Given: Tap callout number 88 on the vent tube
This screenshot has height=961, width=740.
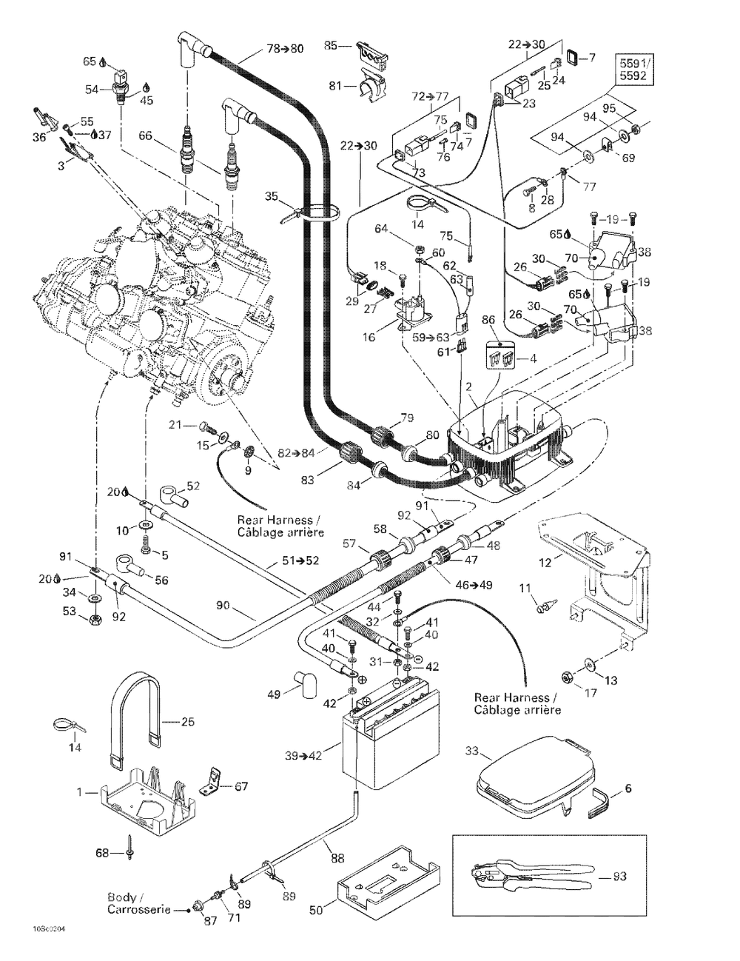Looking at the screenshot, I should click(x=337, y=859).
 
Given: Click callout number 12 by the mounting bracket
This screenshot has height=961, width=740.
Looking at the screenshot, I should click(x=545, y=563).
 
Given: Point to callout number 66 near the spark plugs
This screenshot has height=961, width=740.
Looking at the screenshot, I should click(x=145, y=135).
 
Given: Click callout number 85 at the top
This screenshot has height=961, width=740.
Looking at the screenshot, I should click(x=330, y=45).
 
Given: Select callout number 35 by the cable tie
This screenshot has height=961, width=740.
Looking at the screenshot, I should click(x=271, y=196).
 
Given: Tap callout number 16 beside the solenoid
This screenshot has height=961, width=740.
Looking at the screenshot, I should click(x=369, y=337).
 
